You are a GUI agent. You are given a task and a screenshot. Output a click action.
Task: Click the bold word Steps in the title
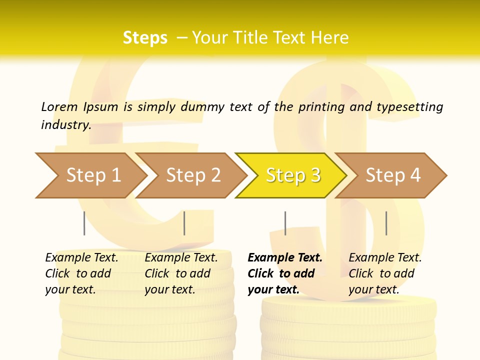145,38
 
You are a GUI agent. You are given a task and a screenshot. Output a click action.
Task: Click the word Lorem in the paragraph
59,106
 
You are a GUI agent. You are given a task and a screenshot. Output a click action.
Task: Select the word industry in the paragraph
65,125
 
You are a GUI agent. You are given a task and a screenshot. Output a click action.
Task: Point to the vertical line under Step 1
84,223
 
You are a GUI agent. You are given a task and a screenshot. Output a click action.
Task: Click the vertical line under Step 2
184,223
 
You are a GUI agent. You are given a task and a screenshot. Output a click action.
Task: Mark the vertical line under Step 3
285,223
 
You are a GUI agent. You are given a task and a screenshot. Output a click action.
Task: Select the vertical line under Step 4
386,223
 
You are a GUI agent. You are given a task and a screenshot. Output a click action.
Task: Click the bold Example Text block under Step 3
285,273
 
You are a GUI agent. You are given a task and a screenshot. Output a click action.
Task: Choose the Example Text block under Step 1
81,273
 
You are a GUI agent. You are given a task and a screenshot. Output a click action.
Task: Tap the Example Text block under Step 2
181,273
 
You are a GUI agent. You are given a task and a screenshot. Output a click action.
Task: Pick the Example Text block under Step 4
385,273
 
